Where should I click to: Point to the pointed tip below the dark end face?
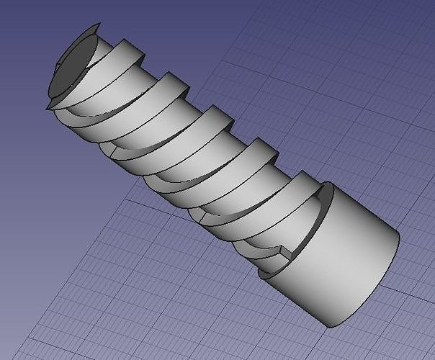pyautogui.click(x=48, y=107)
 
